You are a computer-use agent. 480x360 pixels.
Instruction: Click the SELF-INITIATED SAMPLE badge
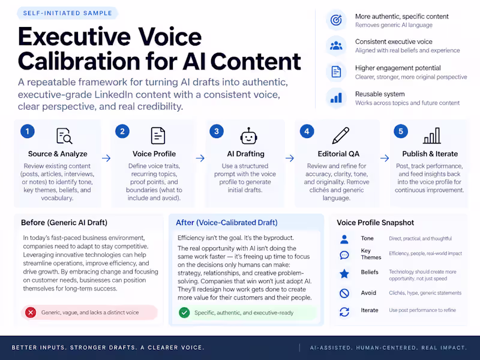tap(67, 13)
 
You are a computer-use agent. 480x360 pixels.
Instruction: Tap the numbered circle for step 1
tap(28, 131)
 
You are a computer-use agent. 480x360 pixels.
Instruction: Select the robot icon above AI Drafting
tap(248, 136)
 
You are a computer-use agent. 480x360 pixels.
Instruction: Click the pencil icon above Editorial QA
tap(341, 136)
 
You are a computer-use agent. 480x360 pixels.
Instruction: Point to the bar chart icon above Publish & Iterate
tap(432, 136)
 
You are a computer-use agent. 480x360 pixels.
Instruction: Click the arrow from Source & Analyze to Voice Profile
tap(106, 158)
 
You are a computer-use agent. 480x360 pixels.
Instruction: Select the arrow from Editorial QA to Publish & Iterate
tap(385, 158)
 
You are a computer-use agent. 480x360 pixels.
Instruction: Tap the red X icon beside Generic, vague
tap(31, 313)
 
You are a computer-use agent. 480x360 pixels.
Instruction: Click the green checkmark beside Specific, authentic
tap(184, 313)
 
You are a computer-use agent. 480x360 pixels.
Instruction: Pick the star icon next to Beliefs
tap(344, 274)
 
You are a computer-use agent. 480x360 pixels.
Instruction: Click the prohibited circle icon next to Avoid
tap(344, 293)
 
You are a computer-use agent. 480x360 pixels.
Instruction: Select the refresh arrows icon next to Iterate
tap(344, 312)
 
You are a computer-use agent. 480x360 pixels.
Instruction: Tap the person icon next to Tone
tap(344, 239)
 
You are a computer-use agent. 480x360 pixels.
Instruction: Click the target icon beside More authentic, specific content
tap(336, 20)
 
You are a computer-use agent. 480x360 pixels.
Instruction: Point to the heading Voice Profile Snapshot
tap(376, 223)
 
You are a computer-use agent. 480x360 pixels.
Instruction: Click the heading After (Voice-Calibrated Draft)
tap(227, 223)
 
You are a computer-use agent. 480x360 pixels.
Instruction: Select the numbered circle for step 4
tap(307, 131)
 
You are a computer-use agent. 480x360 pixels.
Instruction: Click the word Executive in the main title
tap(74, 37)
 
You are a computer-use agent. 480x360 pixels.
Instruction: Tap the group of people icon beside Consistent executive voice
tap(336, 46)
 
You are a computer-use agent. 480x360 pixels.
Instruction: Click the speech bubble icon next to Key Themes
tap(344, 255)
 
